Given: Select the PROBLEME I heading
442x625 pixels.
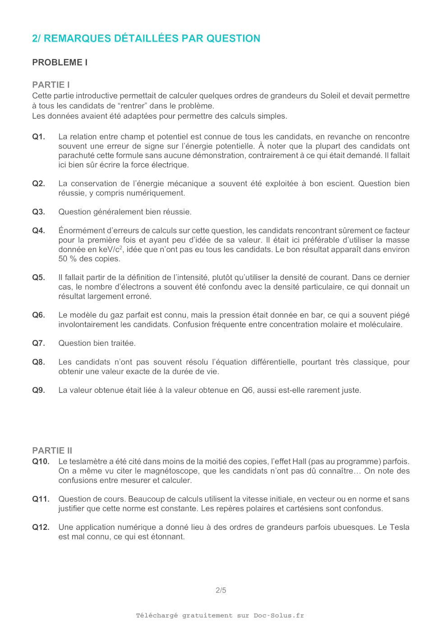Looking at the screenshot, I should tap(60, 62).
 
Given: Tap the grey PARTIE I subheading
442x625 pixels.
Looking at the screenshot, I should tap(51, 85).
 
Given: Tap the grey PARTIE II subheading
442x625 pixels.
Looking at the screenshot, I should tap(52, 450).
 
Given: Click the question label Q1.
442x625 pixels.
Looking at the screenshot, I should tap(38, 137).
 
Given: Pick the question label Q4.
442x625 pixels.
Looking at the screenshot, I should tap(38, 230).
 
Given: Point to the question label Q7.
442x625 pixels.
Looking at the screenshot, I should tap(38, 343).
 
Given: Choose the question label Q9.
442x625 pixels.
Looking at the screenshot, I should tap(38, 390).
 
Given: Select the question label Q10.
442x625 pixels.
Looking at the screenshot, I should tap(41, 461).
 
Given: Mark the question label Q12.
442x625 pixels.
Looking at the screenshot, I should tap(41, 527).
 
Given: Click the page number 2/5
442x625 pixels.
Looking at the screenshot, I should tap(221, 590).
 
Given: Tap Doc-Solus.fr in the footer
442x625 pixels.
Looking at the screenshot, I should tap(279, 616).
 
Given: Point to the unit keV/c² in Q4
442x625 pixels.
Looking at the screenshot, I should tap(110, 249).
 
